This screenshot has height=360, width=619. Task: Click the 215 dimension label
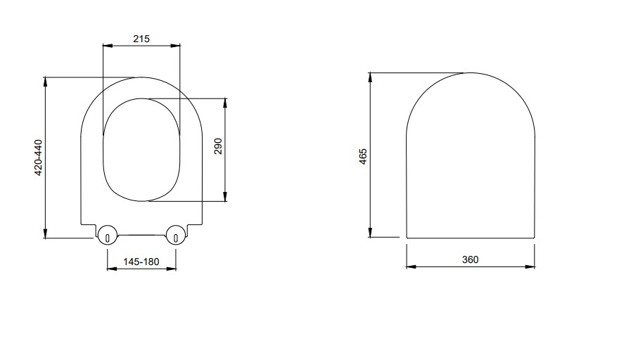[x=141, y=39]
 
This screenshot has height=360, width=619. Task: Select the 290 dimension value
[x=218, y=146]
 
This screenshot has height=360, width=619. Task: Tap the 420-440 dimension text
[x=38, y=157]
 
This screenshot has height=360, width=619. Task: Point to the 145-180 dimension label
[x=141, y=262]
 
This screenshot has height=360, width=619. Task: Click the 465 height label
[x=363, y=157]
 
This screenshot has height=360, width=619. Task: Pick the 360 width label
[x=470, y=259]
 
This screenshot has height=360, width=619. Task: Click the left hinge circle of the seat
[x=108, y=235]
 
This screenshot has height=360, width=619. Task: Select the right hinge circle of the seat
[x=176, y=235]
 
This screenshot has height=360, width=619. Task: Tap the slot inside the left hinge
[x=108, y=238]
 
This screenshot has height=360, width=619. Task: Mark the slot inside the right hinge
[x=176, y=238]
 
